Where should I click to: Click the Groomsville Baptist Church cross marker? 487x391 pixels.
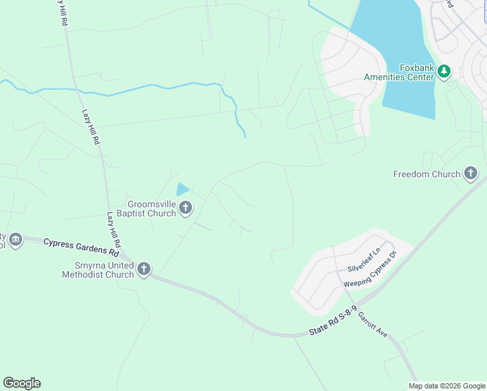[186, 209]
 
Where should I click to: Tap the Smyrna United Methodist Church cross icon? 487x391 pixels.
[144, 268]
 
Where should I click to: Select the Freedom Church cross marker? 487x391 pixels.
[471, 174]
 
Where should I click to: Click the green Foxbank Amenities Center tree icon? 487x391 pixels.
[444, 71]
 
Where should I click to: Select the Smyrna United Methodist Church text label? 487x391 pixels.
[98, 269]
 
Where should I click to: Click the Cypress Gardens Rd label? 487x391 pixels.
[81, 247]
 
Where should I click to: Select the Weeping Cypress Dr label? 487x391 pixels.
[370, 272]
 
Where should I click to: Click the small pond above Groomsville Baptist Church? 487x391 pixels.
[182, 190]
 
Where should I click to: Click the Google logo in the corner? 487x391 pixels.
[21, 383]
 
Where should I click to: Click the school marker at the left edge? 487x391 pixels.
[15, 240]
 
